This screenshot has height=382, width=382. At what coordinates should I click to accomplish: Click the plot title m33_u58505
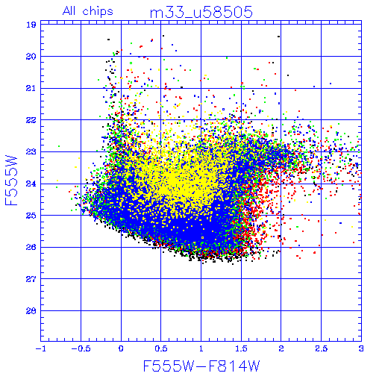[x=201, y=13]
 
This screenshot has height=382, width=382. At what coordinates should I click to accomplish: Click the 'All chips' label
[x=88, y=11]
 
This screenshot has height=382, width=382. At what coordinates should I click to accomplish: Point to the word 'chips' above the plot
[x=98, y=11]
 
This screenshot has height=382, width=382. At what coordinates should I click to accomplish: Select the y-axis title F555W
[x=11, y=181]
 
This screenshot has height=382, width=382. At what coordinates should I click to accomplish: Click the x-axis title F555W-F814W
[x=201, y=366]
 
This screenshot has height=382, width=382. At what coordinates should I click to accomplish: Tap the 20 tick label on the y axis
[x=31, y=57]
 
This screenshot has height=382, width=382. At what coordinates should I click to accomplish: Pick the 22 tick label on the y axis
[x=31, y=120]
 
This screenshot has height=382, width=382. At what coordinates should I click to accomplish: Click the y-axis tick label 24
[x=31, y=184]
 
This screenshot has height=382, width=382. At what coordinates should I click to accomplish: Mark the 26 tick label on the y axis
[x=31, y=247]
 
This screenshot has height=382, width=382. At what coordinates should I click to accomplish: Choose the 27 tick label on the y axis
[x=31, y=279]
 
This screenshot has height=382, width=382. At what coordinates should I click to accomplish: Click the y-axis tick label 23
[x=31, y=151]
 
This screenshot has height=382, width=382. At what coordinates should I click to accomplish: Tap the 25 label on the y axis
[x=31, y=216]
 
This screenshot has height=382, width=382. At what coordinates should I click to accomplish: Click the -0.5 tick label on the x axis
[x=81, y=348]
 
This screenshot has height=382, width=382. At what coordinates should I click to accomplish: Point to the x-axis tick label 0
[x=121, y=348]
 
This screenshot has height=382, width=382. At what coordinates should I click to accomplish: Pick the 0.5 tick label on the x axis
[x=161, y=348]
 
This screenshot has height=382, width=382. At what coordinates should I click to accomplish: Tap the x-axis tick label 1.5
[x=241, y=348]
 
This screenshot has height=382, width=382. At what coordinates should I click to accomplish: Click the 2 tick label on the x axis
[x=281, y=348]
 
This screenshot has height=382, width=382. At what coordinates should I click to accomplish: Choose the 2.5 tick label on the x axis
[x=322, y=348]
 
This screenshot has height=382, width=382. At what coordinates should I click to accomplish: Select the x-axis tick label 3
[x=361, y=348]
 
